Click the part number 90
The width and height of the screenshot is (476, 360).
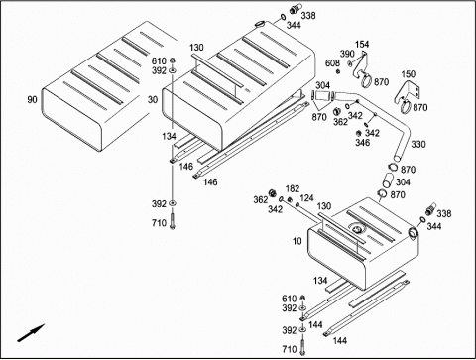[32, 99]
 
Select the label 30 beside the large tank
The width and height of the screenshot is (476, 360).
[153, 99]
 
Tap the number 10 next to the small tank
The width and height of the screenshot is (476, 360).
[297, 241]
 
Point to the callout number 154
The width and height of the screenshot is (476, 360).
[362, 44]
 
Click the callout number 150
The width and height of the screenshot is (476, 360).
[409, 74]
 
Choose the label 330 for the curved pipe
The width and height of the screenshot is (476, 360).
[418, 144]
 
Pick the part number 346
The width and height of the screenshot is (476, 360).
[363, 143]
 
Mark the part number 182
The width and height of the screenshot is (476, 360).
[293, 188]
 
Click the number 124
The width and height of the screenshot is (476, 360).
[306, 198]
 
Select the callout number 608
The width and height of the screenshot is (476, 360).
[332, 62]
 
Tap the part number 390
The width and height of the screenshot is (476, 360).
[347, 54]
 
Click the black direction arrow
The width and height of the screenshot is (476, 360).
[31, 333]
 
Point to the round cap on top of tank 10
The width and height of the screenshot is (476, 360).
[356, 229]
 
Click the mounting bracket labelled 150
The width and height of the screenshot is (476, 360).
[409, 94]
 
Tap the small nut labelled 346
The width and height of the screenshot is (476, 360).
[357, 133]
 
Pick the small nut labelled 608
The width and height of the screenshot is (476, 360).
[338, 71]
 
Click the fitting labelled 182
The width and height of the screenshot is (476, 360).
[290, 199]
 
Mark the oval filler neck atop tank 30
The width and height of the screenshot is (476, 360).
[260, 24]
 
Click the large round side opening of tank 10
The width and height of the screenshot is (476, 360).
[414, 232]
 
